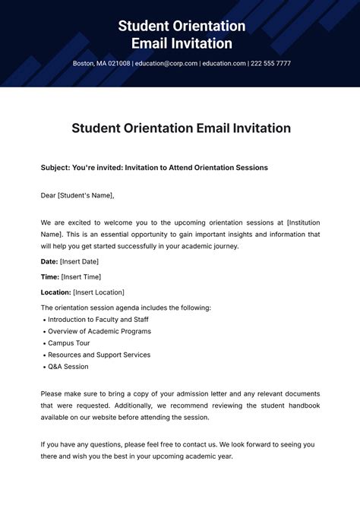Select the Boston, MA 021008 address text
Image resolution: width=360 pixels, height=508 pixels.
click(x=102, y=64)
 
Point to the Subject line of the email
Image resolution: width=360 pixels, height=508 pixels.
click(x=154, y=167)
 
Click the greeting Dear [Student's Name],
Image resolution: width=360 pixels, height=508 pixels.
click(x=77, y=195)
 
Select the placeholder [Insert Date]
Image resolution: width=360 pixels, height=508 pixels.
click(x=84, y=261)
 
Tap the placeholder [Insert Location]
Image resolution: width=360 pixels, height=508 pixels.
click(x=99, y=292)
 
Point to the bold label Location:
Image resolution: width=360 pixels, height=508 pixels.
click(x=56, y=292)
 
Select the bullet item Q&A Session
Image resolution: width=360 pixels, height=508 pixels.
click(x=68, y=367)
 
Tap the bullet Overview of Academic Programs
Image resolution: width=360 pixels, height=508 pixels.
click(x=99, y=331)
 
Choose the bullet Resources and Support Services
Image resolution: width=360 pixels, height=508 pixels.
click(x=99, y=355)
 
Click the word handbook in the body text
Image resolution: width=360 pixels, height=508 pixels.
click(x=304, y=405)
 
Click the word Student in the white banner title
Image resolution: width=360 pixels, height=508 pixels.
click(x=147, y=27)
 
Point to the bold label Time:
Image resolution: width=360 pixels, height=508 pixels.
click(x=49, y=276)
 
